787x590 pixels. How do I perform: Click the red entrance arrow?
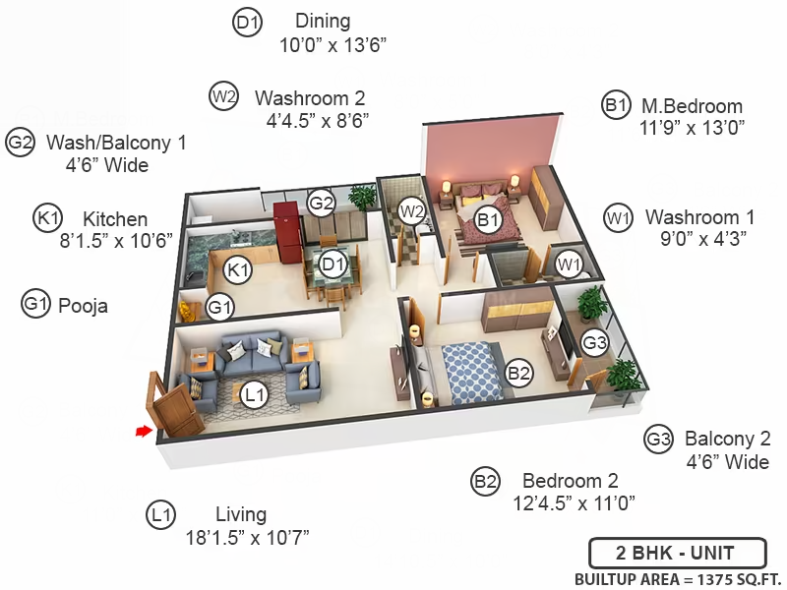click(144, 431)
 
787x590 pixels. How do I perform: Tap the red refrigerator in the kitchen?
click(287, 232)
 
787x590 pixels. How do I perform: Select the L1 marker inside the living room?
click(255, 395)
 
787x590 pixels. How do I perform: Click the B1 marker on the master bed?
click(488, 219)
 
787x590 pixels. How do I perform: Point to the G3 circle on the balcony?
click(594, 342)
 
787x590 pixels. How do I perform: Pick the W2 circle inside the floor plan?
click(411, 211)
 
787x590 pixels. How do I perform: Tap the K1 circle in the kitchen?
click(237, 269)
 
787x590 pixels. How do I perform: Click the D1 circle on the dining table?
click(333, 264)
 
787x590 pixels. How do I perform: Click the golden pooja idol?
click(188, 311)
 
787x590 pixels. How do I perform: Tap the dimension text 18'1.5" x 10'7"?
click(248, 538)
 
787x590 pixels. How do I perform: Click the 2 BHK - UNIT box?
click(678, 553)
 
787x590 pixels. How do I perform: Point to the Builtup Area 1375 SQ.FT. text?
click(680, 579)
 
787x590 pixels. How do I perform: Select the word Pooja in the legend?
click(83, 306)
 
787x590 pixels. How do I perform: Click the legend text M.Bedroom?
click(693, 106)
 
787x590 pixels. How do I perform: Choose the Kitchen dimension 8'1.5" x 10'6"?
click(116, 241)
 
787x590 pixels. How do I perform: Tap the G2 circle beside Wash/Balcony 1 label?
click(20, 143)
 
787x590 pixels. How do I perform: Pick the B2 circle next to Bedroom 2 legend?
click(485, 482)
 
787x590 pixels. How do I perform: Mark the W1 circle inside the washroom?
click(569, 264)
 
